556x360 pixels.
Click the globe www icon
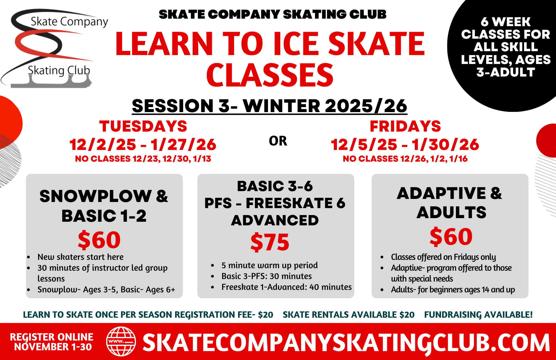121,341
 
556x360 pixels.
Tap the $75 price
270,242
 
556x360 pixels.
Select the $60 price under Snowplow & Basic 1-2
99,240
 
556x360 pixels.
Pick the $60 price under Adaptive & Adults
451,237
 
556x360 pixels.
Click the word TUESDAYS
143,126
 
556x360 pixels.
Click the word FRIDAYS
405,126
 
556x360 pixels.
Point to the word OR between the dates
278,141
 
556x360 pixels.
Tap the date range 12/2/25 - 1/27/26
143,145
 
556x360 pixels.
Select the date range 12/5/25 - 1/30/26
405,145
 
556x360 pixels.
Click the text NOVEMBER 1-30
53,347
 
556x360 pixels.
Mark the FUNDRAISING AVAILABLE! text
478,315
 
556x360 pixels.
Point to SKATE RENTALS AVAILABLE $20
349,315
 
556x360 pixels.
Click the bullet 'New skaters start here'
81,257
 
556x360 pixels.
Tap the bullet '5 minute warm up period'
270,265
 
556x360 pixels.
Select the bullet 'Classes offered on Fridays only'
443,257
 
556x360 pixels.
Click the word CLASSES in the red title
270,75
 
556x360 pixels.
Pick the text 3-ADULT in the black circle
506,72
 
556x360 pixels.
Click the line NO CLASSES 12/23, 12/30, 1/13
143,159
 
